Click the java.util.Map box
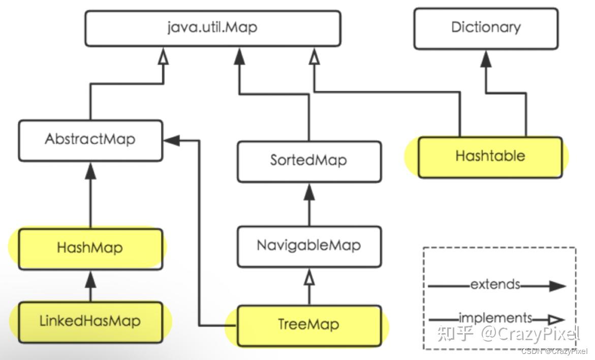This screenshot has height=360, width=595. coord(212,27)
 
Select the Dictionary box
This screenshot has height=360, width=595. coord(486,27)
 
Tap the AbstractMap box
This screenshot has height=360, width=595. coord(90,140)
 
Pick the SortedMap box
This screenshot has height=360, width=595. coord(309,161)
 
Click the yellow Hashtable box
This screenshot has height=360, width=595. coord(490,156)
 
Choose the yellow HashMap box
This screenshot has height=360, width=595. coord(90,248)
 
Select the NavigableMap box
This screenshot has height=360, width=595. coord(309,246)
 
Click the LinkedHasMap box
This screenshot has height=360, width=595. coord(90,321)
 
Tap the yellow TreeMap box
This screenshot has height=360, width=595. coord(309,324)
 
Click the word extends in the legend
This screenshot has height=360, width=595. coord(495,284)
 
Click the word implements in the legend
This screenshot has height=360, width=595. coord(495,318)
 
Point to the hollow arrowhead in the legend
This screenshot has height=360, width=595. coord(556,320)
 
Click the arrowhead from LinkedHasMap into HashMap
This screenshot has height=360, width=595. coord(90,279)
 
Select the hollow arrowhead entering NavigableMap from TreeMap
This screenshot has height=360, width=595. coord(309,277)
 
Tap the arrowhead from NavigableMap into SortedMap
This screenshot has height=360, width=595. coord(309,191)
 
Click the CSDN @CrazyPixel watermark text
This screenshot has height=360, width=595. coord(554,351)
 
